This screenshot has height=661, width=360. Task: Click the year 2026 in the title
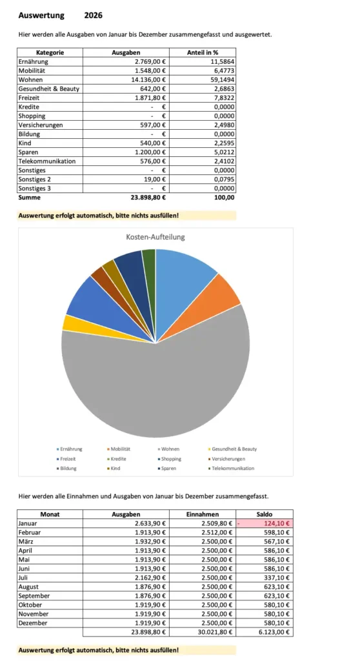[93, 15]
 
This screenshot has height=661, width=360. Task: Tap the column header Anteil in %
[201, 52]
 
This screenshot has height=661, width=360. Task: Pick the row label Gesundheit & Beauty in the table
[49, 88]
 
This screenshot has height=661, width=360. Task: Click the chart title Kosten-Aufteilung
[155, 237]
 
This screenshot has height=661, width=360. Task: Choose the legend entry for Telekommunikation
[232, 468]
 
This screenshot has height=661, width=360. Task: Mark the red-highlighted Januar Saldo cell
[265, 524]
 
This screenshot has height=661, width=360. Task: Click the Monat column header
[50, 514]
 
